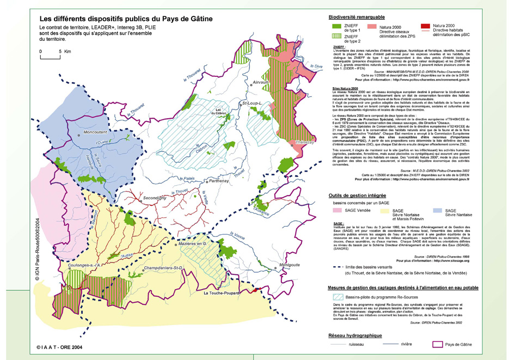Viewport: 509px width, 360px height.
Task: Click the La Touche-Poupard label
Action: coord(223,294)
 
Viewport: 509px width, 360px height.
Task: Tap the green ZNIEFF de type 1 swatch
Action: coord(339,25)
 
